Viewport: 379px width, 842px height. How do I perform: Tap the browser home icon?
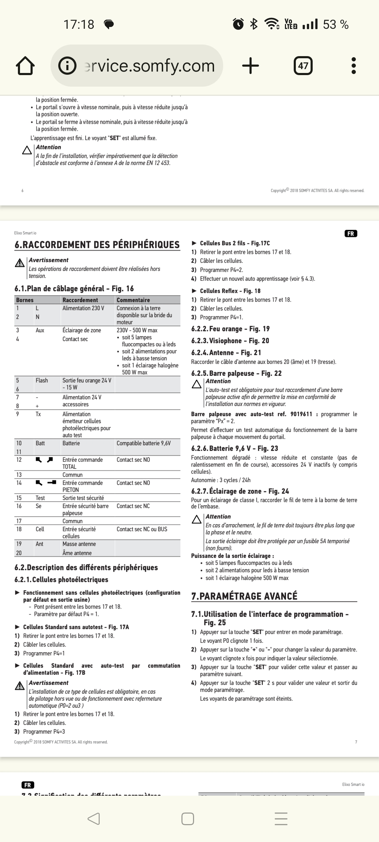[25, 66]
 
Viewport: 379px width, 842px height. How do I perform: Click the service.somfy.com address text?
[149, 66]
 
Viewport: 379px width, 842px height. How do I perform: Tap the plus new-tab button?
[251, 66]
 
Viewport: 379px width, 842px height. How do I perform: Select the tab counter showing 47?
[303, 66]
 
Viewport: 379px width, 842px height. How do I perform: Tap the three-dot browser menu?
[353, 66]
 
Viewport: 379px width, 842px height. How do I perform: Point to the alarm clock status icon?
[238, 24]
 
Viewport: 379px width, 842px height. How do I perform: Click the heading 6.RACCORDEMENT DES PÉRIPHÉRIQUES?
[97, 245]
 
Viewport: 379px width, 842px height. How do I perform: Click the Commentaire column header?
[133, 300]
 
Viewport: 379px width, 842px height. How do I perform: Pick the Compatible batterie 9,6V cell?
[144, 443]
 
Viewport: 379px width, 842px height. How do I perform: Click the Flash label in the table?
[41, 380]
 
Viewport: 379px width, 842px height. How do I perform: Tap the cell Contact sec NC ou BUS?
[142, 529]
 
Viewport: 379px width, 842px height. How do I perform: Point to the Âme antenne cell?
[77, 553]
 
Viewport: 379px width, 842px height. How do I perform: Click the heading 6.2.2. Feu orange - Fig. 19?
[230, 329]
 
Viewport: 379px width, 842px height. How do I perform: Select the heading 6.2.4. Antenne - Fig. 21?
[226, 353]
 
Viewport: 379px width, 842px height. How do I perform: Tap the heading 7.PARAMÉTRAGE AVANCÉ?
[244, 596]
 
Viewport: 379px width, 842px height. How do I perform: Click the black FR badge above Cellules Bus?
[351, 234]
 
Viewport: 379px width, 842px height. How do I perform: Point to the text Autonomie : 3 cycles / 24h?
[221, 480]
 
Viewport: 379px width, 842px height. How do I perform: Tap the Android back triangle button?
[94, 819]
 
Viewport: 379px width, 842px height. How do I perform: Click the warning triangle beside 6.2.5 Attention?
[197, 385]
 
